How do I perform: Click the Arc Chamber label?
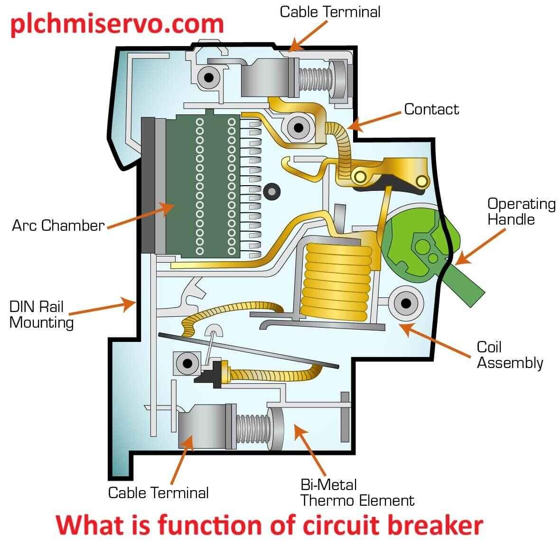click(58, 225)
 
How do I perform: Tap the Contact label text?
click(431, 109)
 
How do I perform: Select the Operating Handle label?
click(521, 212)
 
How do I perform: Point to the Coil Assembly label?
click(509, 355)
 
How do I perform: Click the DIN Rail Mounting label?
click(41, 314)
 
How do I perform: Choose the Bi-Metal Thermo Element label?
click(357, 493)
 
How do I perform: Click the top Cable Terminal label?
click(330, 12)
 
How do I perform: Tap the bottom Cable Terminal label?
click(158, 492)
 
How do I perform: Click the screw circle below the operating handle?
click(406, 302)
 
